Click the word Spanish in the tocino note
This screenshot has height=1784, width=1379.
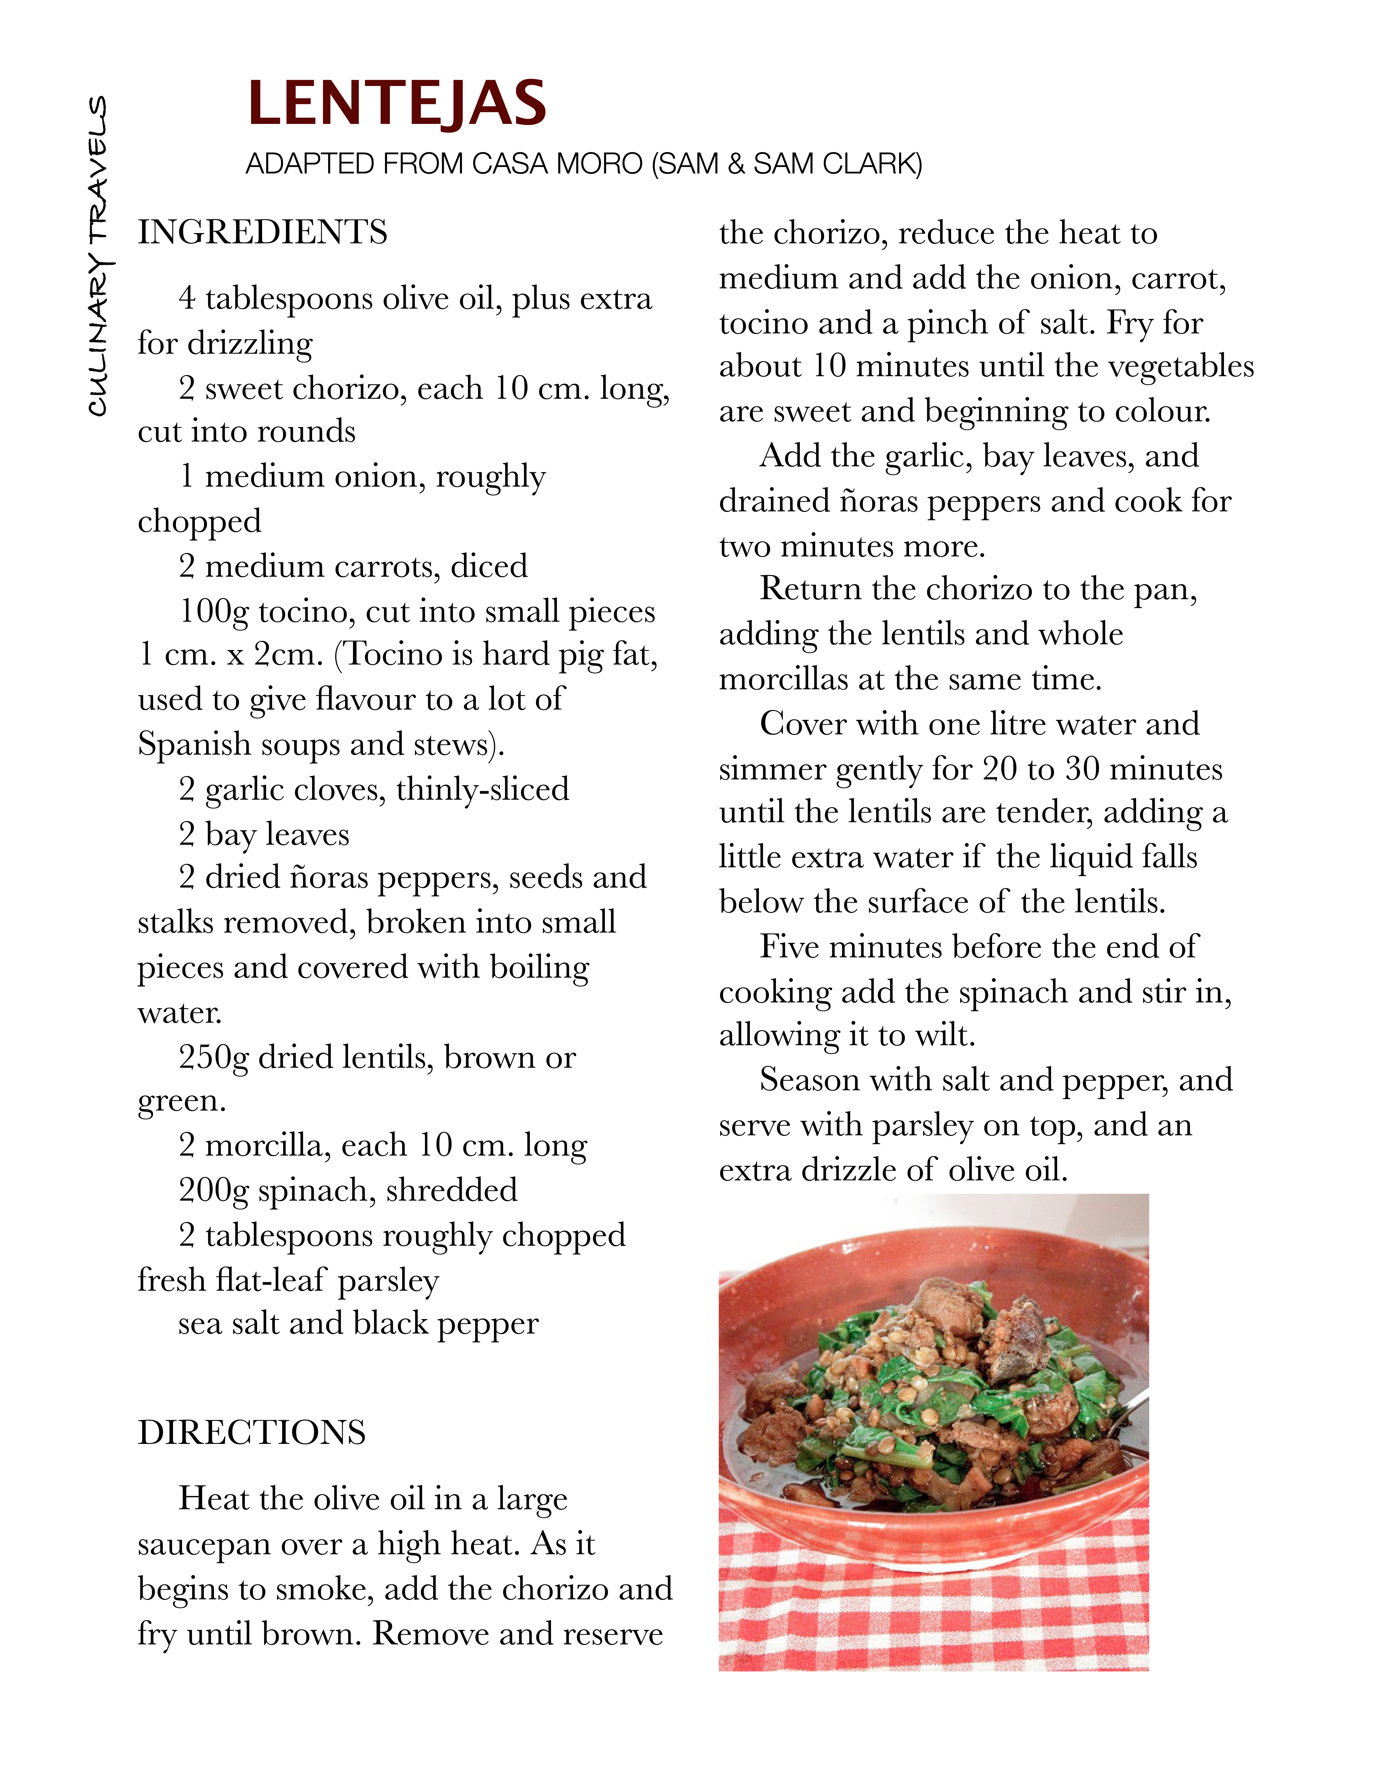[194, 745]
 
